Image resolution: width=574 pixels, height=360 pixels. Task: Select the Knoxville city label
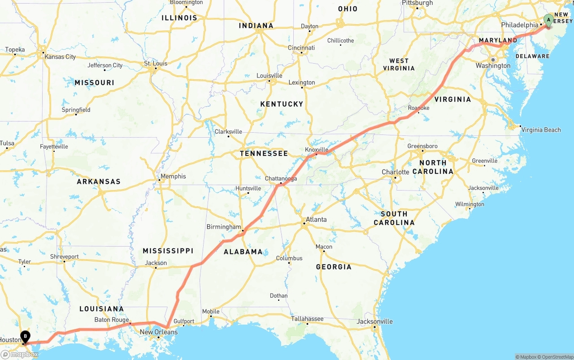pos(317,150)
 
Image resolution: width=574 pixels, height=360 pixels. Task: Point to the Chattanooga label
pos(281,178)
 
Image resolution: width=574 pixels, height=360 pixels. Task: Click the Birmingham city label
pos(224,227)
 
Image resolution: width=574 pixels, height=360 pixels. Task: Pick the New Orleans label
pos(159,332)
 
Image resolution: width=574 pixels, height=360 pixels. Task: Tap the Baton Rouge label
pos(112,320)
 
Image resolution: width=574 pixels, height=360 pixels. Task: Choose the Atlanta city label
pos(316,220)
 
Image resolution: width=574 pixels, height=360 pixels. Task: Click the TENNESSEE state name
pos(264,153)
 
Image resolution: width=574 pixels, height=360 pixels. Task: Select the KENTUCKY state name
pos(282,104)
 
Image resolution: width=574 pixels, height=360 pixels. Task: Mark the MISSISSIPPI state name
pos(168,251)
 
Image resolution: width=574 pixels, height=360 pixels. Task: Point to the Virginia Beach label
pos(541,130)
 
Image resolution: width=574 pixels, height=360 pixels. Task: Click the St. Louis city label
pos(156,64)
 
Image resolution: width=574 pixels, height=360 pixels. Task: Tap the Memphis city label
pos(173,177)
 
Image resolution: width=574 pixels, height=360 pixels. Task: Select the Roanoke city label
pos(418,108)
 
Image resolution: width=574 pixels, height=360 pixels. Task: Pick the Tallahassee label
pos(307,319)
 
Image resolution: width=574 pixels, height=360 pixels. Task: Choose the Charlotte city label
pos(395,172)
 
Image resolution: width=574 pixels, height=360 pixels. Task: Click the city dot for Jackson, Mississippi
pos(155,268)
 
